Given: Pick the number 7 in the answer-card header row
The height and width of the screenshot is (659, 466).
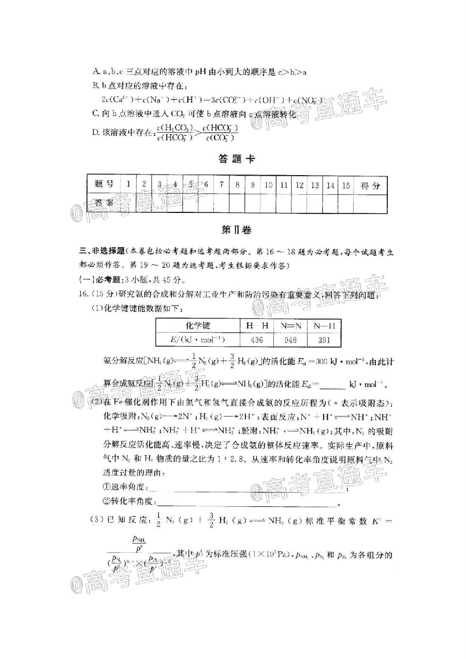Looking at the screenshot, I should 221,184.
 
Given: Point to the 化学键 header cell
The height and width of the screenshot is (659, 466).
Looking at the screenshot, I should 198,325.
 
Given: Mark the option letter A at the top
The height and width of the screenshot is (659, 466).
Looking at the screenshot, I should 95,73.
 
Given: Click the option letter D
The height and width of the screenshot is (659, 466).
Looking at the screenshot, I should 95,132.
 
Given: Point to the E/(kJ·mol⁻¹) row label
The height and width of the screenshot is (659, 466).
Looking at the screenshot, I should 198,339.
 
